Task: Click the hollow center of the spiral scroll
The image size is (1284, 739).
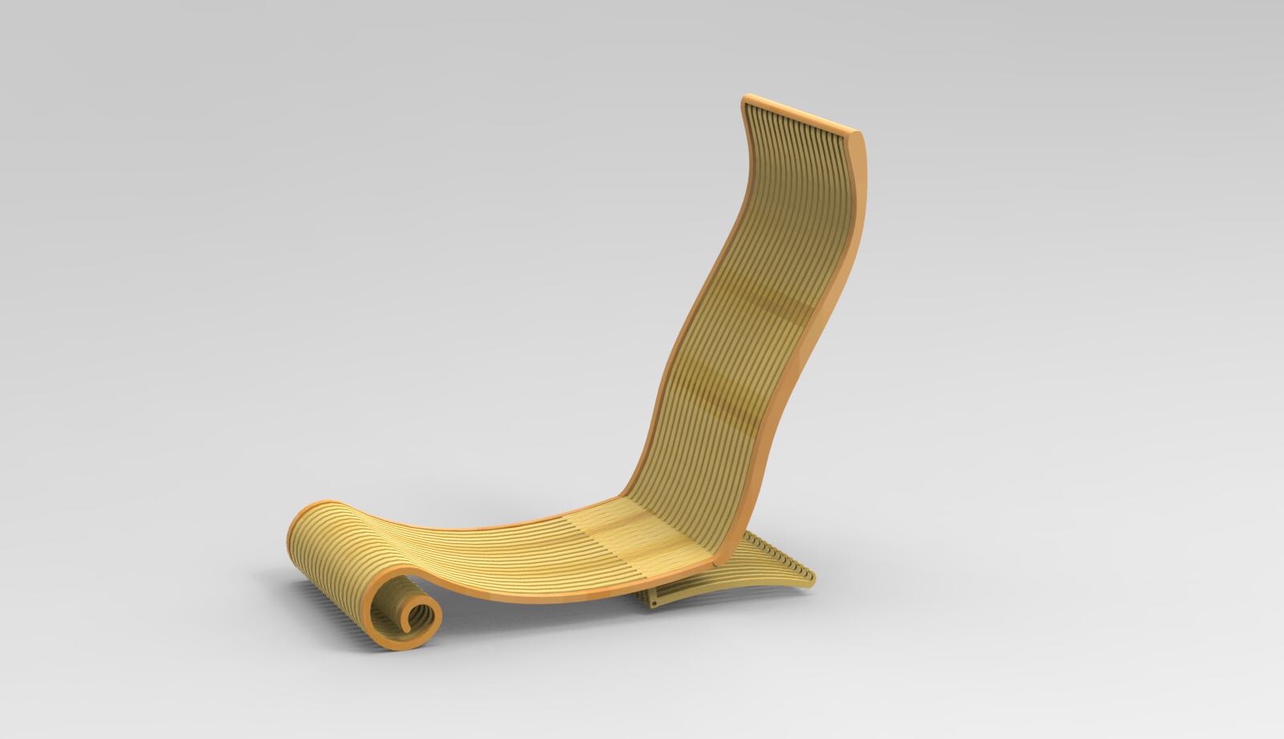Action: [418, 619]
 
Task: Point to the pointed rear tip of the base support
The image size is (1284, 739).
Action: [811, 576]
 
